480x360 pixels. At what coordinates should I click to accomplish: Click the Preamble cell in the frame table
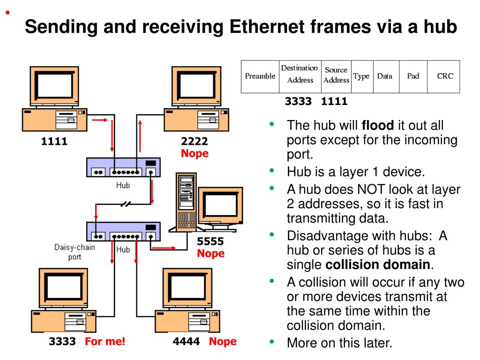[260, 76]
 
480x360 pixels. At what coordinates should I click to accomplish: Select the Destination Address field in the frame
[300, 74]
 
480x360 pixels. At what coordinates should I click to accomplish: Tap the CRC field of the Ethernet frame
[445, 76]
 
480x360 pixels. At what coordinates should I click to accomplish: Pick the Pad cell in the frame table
[413, 76]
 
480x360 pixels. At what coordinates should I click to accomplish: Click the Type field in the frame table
[361, 76]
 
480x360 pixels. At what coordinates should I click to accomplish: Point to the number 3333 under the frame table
[298, 101]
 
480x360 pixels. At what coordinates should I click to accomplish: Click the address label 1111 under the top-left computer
[54, 141]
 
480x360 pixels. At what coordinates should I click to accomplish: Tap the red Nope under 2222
[195, 153]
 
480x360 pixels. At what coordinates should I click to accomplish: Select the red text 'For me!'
[105, 341]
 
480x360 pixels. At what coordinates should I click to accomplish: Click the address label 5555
[210, 242]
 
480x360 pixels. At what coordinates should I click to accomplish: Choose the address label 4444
[186, 341]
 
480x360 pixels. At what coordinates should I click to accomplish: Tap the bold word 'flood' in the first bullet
[378, 126]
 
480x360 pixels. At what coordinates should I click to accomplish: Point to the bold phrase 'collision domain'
[377, 265]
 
